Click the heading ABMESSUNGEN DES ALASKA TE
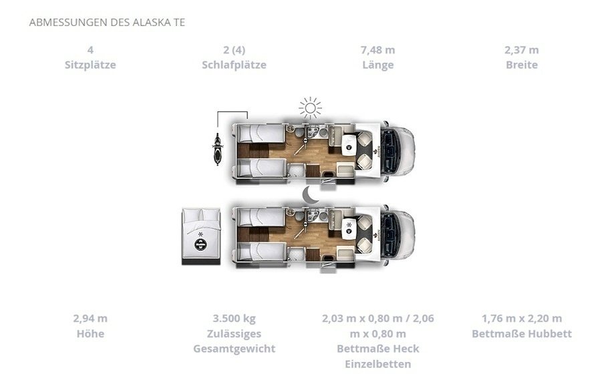point(107,22)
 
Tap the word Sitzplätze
point(90,65)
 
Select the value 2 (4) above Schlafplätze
point(235,50)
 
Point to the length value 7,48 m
point(377,50)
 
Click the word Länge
point(377,65)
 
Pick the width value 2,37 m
point(522,50)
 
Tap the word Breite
point(522,65)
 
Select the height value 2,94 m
point(90,318)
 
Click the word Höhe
point(90,333)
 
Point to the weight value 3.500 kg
point(235,318)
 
